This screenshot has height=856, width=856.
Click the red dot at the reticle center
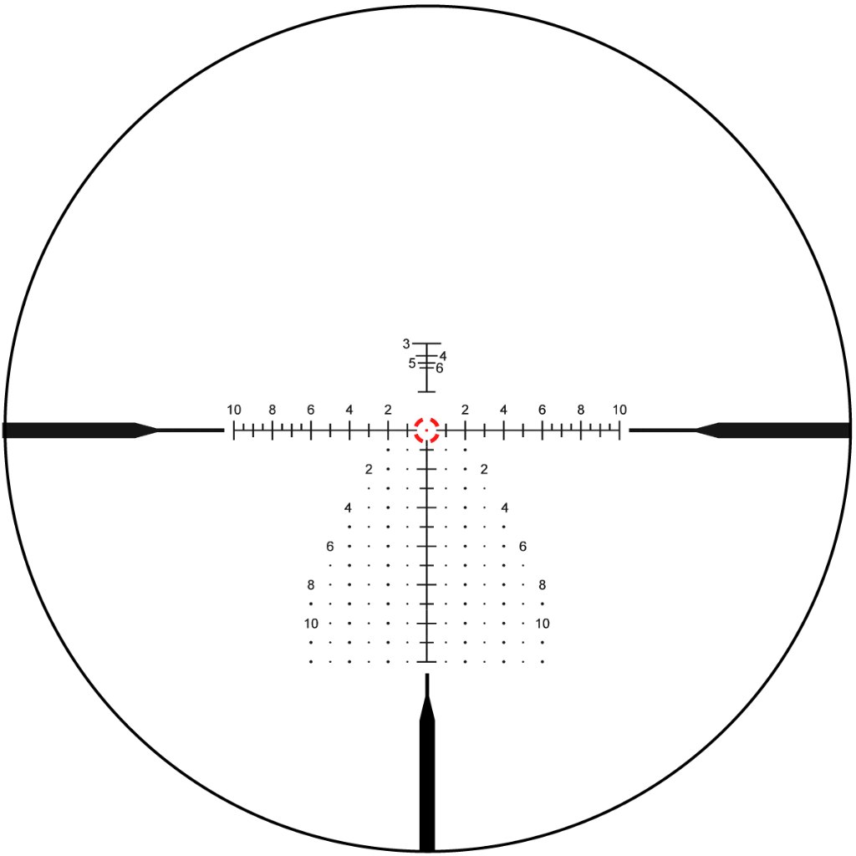click(426, 431)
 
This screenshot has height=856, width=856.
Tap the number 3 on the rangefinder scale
click(406, 344)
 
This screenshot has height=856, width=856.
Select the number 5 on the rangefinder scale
click(412, 364)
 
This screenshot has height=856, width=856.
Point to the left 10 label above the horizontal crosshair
click(234, 410)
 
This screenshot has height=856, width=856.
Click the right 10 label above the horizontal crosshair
click(619, 410)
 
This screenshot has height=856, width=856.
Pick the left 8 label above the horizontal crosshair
click(273, 410)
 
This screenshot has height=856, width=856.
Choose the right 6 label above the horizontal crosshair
click(542, 410)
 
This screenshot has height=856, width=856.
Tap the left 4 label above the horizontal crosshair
click(349, 410)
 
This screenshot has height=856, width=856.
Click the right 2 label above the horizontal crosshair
click(465, 410)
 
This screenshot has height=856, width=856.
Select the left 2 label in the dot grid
click(369, 469)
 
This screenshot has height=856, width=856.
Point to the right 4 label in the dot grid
click(505, 507)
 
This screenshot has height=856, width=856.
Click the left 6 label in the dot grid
click(329, 546)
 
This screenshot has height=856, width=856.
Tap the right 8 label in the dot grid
click(542, 584)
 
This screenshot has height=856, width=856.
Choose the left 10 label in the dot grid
click(311, 624)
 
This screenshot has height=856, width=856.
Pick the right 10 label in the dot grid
click(543, 624)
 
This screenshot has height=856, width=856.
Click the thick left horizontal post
click(79, 431)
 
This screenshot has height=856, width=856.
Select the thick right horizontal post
click(774, 431)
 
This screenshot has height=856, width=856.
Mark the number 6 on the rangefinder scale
click(440, 369)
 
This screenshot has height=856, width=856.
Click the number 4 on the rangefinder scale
click(443, 356)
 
